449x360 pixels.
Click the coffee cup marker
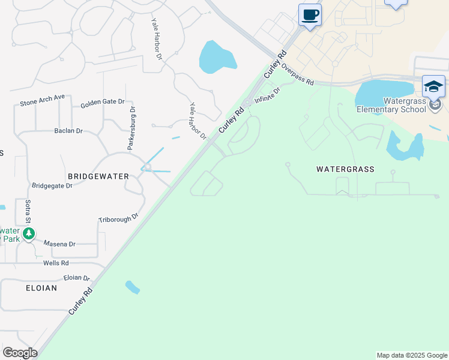(310, 15)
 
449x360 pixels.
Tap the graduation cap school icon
(433, 86)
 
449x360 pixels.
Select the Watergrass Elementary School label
(391, 106)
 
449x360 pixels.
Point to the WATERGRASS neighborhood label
(345, 169)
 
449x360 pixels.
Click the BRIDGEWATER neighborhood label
(98, 176)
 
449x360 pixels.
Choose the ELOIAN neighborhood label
(41, 288)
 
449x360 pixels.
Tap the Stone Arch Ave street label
(42, 103)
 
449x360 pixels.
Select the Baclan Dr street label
(68, 130)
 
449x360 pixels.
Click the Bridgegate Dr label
(52, 186)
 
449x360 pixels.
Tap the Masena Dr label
(59, 244)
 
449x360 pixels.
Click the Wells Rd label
(56, 263)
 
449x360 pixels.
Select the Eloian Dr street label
(76, 278)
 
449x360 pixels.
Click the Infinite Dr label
(267, 95)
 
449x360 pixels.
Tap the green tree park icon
(28, 233)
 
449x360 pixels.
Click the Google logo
(20, 353)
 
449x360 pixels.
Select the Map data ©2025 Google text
(412, 355)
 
